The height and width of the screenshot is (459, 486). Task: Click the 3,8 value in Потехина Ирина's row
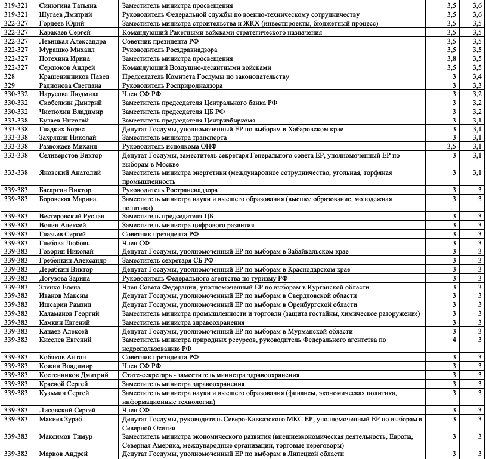[451, 59]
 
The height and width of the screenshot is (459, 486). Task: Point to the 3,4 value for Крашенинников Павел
[476, 77]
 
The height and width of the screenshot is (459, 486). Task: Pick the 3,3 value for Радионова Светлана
[476, 85]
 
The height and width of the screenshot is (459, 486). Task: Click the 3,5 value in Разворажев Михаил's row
[451, 146]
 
